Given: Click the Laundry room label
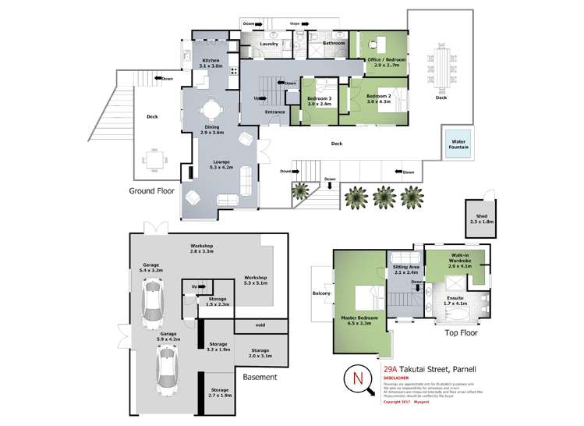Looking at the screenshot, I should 270,44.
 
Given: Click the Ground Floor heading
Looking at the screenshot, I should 154,190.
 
